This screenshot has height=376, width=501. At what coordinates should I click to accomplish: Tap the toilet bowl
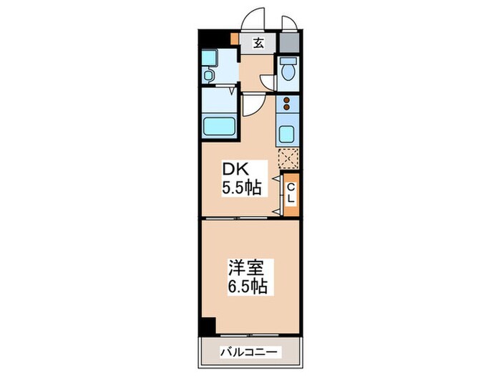(x=289, y=71)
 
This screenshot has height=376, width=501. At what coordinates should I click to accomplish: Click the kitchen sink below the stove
(x=288, y=133)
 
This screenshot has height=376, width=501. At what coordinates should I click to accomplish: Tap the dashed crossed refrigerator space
(x=288, y=158)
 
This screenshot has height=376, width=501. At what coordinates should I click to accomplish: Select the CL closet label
(x=291, y=193)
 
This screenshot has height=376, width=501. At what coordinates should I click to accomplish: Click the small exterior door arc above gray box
(x=290, y=22)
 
